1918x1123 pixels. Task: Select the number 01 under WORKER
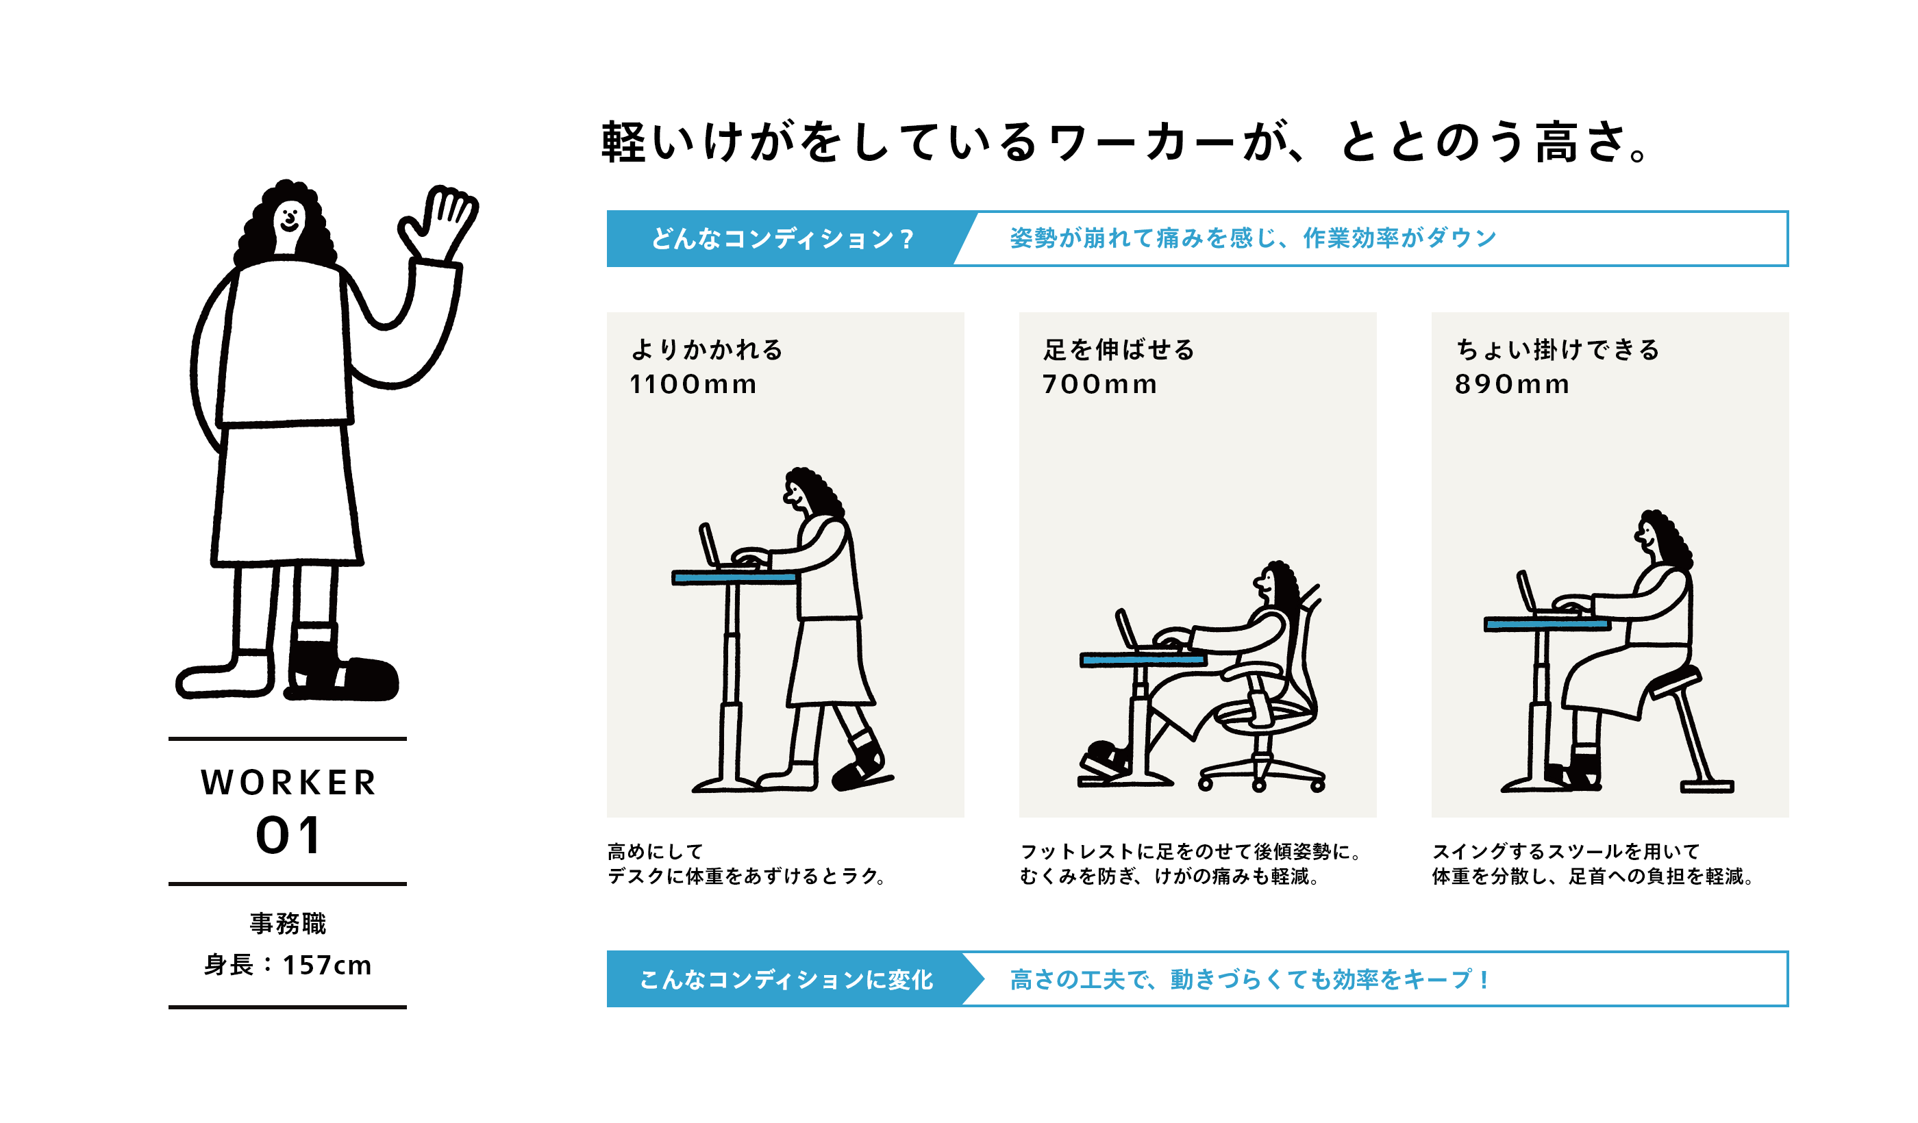(288, 836)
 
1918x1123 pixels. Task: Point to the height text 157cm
(327, 966)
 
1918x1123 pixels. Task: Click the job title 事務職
(288, 924)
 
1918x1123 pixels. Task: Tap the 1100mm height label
(693, 384)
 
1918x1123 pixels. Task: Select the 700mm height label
(1100, 384)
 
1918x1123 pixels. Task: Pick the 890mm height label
(1512, 384)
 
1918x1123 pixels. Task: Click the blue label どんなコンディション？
(782, 239)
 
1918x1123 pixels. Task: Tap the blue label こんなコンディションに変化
(787, 979)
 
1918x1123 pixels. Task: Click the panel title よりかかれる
(707, 349)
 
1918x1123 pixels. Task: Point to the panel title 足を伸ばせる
(1119, 349)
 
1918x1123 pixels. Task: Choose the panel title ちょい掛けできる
(1557, 349)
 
